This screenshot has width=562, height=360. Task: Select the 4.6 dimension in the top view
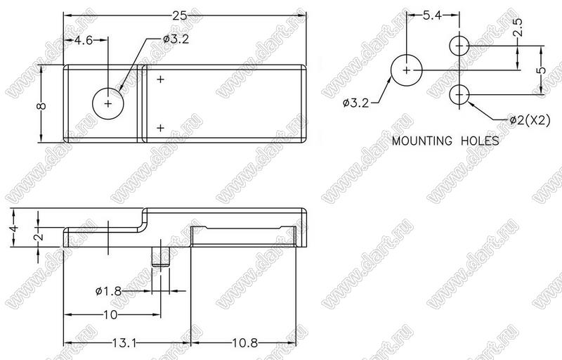84,40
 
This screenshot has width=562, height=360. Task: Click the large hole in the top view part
107,103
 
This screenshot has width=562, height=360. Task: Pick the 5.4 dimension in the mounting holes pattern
432,14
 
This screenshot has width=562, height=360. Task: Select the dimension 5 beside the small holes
541,70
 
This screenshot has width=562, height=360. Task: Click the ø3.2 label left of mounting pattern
358,103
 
